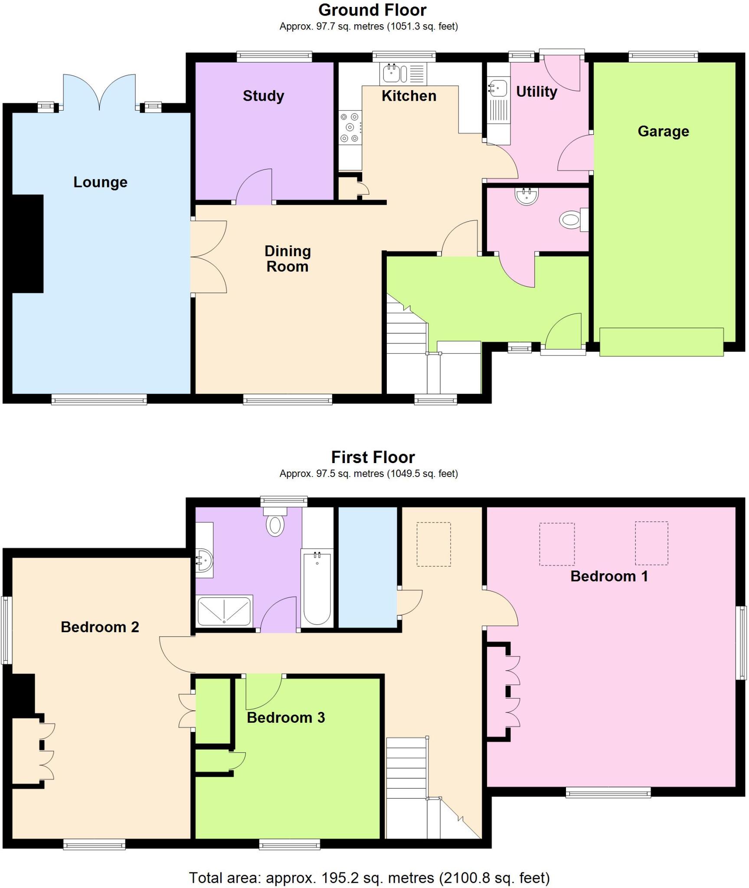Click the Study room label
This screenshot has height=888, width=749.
tap(263, 96)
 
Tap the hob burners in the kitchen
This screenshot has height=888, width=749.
tap(350, 127)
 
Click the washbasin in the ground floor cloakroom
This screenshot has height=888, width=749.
tap(527, 196)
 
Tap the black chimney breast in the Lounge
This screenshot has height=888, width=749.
tap(27, 243)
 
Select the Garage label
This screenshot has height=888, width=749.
tap(663, 131)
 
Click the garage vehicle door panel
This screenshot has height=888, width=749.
tap(661, 342)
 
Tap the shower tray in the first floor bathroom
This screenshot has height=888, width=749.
tap(224, 610)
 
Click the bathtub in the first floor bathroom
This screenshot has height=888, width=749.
tap(317, 588)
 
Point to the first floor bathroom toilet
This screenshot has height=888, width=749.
tap(275, 524)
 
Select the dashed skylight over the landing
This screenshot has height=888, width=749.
tap(433, 544)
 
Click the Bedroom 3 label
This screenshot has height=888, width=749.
tap(285, 717)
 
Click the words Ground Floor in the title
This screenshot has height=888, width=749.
tap(372, 10)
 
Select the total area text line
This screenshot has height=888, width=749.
tap(369, 878)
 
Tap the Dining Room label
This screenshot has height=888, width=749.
tap(288, 258)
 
